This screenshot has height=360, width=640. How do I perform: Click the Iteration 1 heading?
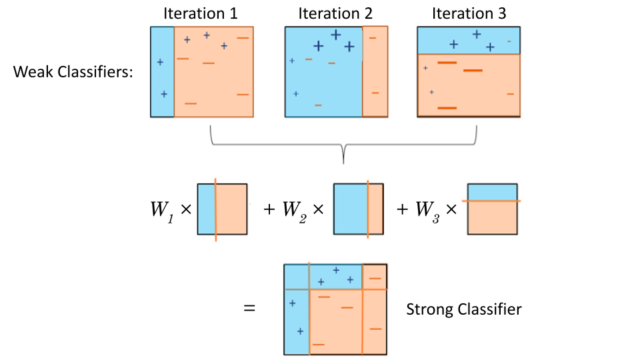click(x=201, y=14)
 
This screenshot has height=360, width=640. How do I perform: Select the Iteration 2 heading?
click(x=335, y=14)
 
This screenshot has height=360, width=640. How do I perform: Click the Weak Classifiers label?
click(x=73, y=72)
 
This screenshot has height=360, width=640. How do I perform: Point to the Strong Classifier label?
click(x=463, y=309)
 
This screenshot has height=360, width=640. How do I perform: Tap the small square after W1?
click(x=223, y=209)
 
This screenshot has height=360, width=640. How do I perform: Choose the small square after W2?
click(x=358, y=209)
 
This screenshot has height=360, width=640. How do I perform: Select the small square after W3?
click(x=492, y=209)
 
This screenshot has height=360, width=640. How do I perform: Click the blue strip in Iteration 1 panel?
click(x=162, y=72)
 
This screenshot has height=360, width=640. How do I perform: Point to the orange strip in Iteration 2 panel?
click(x=375, y=72)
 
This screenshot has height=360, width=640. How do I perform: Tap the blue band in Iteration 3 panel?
click(x=468, y=40)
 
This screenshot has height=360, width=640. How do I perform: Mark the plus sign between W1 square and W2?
click(x=269, y=209)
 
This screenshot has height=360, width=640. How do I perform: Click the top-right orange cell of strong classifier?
click(x=375, y=277)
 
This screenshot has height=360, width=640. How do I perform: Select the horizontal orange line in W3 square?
click(x=492, y=200)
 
